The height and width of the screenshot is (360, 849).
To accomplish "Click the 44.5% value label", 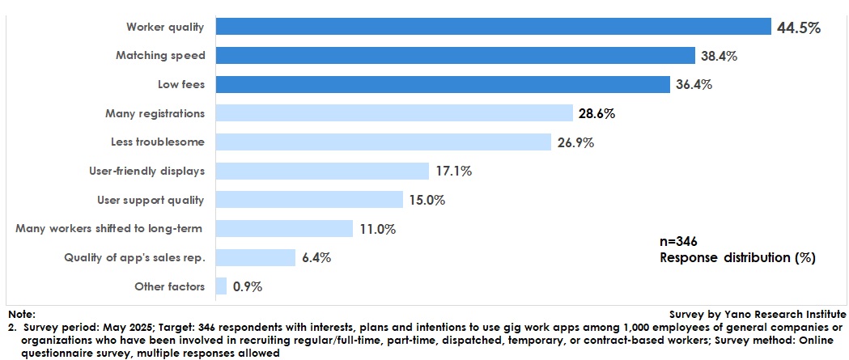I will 799,28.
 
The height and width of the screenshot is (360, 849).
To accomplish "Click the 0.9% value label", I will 248,286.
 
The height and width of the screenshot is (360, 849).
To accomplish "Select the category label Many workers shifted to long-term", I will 108,229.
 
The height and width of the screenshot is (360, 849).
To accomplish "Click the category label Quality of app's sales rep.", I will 134,258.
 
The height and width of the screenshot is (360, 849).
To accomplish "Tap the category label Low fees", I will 180,85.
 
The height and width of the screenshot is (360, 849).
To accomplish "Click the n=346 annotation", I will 678,241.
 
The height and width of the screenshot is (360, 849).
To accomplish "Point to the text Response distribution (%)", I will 737,258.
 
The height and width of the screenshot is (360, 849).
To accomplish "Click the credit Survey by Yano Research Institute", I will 758,314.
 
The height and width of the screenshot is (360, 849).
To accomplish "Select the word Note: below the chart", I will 21,314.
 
